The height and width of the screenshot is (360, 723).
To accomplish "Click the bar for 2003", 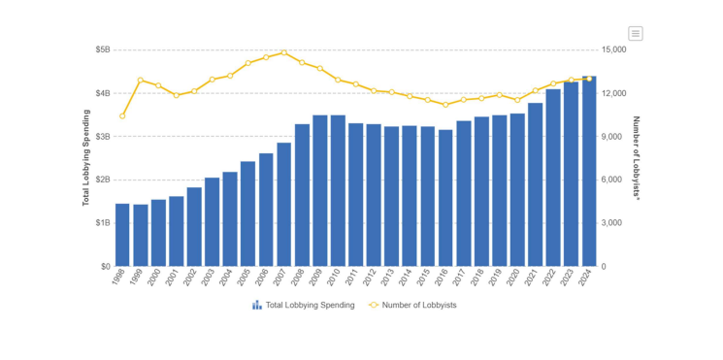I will [212, 222].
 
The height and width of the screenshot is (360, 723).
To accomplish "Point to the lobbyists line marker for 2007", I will [283, 52].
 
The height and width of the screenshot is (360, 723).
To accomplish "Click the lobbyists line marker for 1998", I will [122, 116].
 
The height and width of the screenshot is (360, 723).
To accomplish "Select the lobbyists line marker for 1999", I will [140, 81].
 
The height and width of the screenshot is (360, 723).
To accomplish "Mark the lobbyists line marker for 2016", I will [445, 105].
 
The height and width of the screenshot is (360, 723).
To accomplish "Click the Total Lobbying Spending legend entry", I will [303, 305].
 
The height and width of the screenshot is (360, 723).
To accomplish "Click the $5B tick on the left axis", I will [102, 49].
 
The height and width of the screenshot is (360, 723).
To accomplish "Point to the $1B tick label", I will [102, 223].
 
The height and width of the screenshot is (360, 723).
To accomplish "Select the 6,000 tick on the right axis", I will [612, 180].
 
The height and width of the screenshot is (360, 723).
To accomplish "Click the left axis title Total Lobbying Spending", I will [85, 157].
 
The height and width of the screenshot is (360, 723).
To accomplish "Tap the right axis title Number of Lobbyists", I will [637, 157].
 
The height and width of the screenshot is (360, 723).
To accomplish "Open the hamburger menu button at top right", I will [636, 33].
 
